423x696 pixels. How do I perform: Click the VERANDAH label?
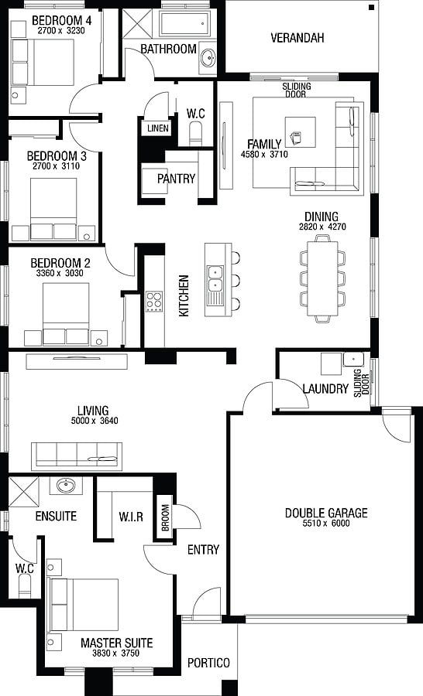point(297,38)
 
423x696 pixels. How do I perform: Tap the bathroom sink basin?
point(208,57)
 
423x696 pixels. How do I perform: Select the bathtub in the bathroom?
point(184,24)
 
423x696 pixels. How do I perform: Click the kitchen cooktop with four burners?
point(154,302)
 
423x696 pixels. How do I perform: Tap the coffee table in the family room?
point(301,131)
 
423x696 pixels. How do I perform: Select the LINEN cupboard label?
point(158,128)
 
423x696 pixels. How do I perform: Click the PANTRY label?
point(176,179)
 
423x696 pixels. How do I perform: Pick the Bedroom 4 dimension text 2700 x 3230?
point(61,31)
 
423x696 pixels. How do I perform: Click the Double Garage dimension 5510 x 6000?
point(326,524)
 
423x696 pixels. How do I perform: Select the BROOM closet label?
point(165,517)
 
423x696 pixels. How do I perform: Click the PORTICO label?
point(208,664)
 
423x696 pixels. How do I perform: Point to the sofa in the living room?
point(77,455)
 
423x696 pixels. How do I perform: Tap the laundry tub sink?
point(353,359)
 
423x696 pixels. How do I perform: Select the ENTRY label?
point(203,550)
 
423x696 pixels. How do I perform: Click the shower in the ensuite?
point(24,492)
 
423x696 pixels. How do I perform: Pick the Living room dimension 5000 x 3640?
point(95,421)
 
